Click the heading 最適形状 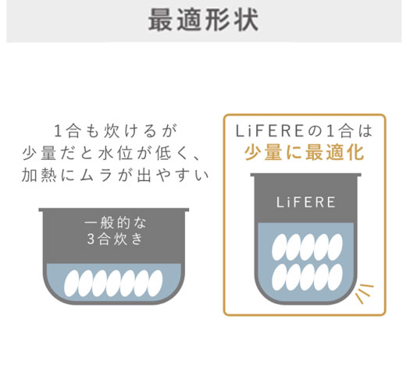click(203, 19)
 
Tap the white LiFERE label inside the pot click(306, 202)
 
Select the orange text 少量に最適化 click(305, 152)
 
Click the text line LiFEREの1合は click(304, 131)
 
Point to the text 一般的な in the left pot click(116, 223)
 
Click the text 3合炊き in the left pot click(116, 239)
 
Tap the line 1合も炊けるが click(116, 131)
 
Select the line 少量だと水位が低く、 click(112, 153)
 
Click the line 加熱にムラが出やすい click(116, 175)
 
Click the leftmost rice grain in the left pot click(72, 283)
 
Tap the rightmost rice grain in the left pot click(155, 283)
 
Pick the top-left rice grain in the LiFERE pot click(280, 247)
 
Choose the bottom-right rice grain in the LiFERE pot click(335, 277)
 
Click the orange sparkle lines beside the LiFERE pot click(365, 293)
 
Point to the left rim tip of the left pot click(39, 210)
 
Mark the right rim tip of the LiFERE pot click(361, 175)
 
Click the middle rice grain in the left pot click(113, 283)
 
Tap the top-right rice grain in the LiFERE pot click(335, 247)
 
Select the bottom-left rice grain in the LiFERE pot click(280, 277)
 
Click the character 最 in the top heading click(160, 20)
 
